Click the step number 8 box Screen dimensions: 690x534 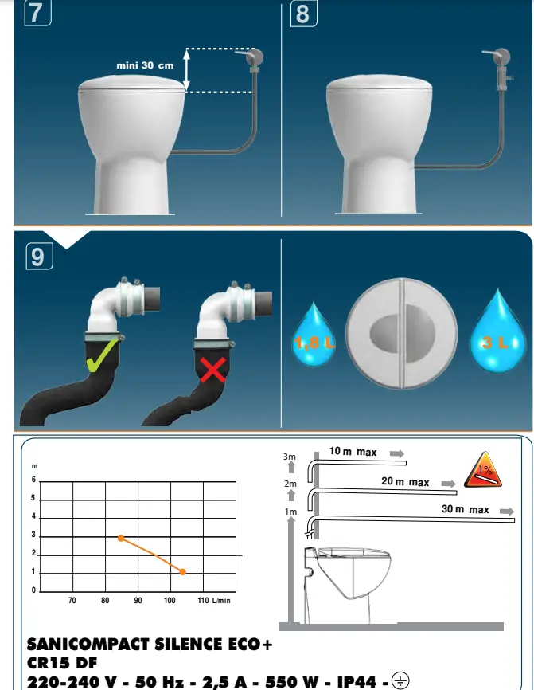coord(302,14)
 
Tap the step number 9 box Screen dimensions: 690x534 coord(38,257)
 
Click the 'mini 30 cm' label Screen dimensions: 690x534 coord(145,65)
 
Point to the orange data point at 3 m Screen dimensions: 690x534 coord(120,538)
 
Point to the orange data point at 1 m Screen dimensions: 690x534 coord(183,572)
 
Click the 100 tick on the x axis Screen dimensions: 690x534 coord(170,600)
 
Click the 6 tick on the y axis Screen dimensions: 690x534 coord(33,480)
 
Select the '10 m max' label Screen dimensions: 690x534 coord(353,452)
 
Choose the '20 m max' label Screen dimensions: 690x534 coord(405,482)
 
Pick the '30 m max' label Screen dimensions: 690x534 coord(466,509)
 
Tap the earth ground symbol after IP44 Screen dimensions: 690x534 coord(400,680)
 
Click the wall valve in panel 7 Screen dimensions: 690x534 coord(255,58)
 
